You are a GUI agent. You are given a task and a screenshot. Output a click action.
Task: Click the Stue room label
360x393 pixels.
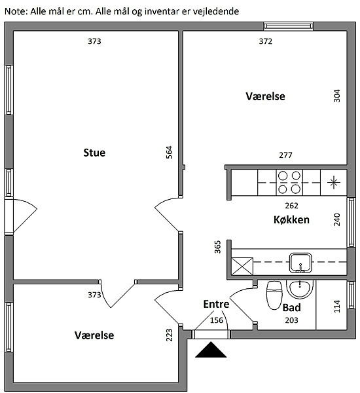[94, 153]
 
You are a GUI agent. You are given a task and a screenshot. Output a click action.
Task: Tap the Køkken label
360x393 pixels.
[291, 220]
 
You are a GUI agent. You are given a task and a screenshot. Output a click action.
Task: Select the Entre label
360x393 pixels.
[216, 304]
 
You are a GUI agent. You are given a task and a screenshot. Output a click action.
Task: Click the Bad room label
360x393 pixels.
[292, 308]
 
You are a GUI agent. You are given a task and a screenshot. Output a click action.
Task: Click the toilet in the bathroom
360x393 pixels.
[274, 295]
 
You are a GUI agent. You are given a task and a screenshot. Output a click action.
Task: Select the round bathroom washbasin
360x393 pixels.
[300, 290]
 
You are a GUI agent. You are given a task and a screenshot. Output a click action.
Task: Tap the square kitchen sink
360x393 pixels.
[300, 263]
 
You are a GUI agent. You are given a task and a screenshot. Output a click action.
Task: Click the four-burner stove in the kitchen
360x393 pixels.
[289, 183]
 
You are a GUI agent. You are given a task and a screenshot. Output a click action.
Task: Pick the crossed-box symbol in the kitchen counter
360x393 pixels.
[242, 266]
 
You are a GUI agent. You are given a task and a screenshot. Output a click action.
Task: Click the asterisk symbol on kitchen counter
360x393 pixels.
[334, 182]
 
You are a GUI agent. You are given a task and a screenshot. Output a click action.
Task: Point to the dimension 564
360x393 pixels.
[170, 152]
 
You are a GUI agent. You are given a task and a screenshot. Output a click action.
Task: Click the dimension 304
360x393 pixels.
[337, 96]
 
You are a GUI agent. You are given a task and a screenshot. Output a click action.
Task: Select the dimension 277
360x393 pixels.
[285, 155]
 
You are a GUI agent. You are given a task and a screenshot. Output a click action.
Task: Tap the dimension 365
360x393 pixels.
[218, 247]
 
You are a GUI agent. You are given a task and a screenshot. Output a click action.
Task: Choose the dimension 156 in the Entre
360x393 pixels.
[217, 320]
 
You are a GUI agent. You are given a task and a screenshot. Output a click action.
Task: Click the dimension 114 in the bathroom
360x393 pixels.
[337, 307]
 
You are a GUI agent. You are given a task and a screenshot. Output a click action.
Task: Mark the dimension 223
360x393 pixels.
[170, 335]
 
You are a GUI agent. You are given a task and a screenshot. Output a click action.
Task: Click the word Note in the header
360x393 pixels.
[16, 11]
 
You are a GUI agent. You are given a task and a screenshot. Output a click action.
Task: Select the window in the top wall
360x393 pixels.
[289, 26]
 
